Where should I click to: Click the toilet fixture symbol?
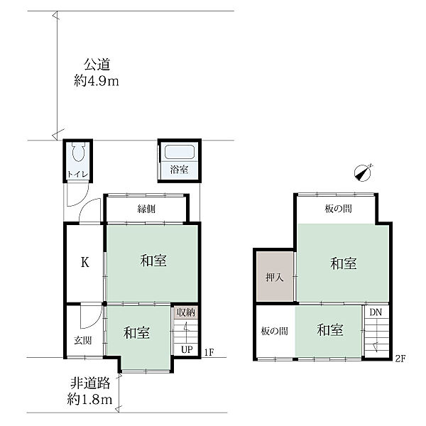79,152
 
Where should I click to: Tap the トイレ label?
77,174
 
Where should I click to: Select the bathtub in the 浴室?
180,152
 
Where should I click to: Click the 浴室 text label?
179,170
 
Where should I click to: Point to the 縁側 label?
146,209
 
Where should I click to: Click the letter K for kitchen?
85,263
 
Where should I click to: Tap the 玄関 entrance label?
83,340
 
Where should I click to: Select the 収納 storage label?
186,312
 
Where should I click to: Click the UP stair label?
187,349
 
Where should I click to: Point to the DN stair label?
376,312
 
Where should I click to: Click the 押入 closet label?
275,278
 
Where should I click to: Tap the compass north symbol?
364,173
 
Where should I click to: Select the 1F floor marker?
209,352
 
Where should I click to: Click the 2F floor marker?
400,359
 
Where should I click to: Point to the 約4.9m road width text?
97,81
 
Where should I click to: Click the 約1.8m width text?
89,400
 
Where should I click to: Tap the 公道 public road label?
97,65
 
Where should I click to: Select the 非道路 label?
90,383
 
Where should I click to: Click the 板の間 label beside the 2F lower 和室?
274,331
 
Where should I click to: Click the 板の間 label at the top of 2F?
338,209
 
